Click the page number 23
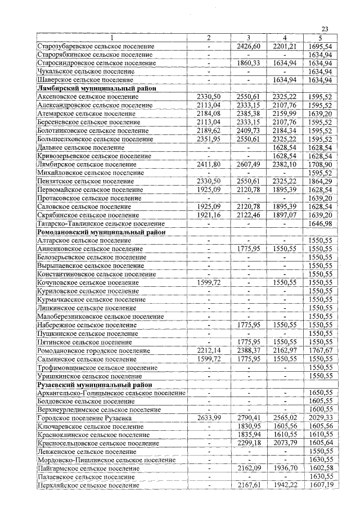click(325, 30)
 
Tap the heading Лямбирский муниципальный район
click(96, 88)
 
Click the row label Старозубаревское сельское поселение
click(95, 46)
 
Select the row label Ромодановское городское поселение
click(93, 350)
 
